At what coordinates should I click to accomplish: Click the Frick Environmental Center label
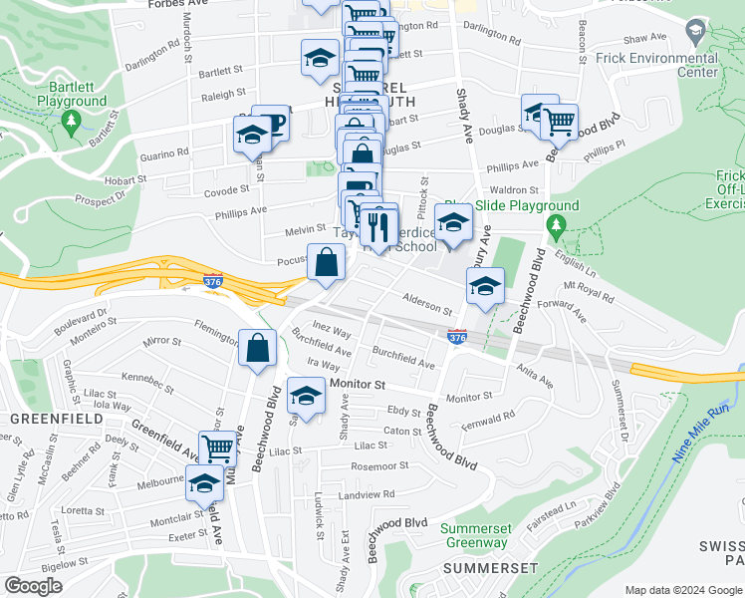(x=670, y=65)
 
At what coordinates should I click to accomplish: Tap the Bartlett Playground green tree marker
(x=70, y=122)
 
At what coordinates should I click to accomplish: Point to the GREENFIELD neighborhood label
(x=56, y=419)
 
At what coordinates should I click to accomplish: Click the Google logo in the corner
(x=33, y=586)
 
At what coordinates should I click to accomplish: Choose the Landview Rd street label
(x=367, y=493)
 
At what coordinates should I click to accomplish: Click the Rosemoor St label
(x=380, y=465)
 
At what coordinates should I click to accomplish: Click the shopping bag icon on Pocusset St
(x=326, y=263)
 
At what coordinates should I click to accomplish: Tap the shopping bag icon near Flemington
(x=257, y=349)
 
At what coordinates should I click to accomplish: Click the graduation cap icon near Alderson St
(x=484, y=287)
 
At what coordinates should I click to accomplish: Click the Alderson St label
(x=427, y=300)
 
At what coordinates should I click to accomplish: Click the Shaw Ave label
(x=643, y=38)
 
